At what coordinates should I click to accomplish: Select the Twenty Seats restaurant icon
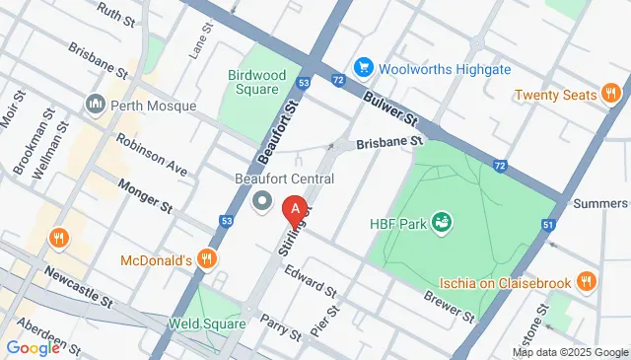click(x=611, y=95)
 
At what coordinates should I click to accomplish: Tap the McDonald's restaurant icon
click(x=206, y=259)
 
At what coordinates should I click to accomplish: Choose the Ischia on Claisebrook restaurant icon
click(x=587, y=283)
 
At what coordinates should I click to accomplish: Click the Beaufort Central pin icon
click(x=262, y=202)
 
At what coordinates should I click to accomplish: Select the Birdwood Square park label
click(x=256, y=82)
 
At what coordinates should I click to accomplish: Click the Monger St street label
click(x=145, y=194)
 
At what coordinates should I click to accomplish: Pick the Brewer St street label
click(x=450, y=305)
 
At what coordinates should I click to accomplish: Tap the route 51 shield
click(x=547, y=226)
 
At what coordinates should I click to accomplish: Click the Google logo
click(x=33, y=347)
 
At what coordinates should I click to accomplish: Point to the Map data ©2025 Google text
click(x=569, y=352)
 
